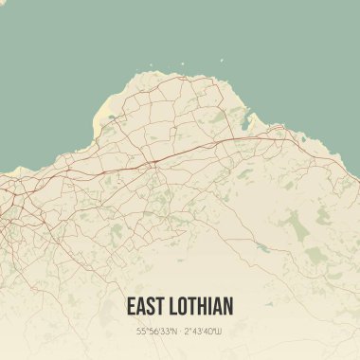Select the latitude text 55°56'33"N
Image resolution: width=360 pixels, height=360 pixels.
(156, 331)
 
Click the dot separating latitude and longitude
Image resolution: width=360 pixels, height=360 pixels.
(180, 331)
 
